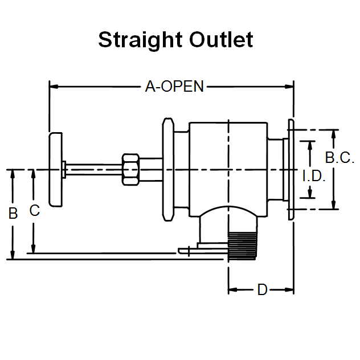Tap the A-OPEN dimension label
click(x=174, y=87)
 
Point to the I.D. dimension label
click(x=313, y=177)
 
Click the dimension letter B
click(x=13, y=214)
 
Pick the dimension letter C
click(x=34, y=211)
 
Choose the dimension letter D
click(x=262, y=290)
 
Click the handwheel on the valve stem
click(x=56, y=170)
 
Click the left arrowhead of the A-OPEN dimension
click(x=53, y=87)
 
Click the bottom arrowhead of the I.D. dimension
click(x=310, y=195)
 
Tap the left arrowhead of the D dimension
click(x=232, y=290)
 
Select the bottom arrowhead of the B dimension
click(x=12, y=256)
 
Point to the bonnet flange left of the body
click(x=168, y=169)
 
